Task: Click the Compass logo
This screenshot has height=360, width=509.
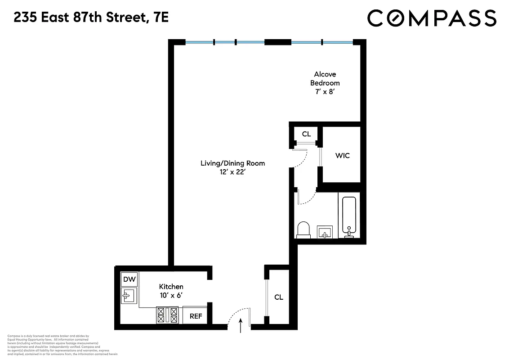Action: click(x=432, y=18)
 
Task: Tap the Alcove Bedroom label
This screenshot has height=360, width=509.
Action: click(x=325, y=78)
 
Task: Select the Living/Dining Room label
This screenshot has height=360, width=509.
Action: click(x=232, y=163)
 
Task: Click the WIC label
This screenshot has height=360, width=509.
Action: click(x=342, y=156)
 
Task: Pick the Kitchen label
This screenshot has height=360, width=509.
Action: click(x=171, y=287)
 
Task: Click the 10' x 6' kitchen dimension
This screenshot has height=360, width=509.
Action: click(x=171, y=295)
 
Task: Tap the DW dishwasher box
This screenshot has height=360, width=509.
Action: click(x=129, y=279)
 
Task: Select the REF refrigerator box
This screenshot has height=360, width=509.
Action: click(x=196, y=316)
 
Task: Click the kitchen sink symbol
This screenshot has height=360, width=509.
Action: click(x=129, y=295)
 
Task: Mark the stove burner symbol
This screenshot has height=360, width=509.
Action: click(x=167, y=315)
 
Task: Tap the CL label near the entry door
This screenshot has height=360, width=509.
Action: click(x=279, y=297)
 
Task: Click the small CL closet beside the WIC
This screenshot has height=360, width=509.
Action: click(x=306, y=134)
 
